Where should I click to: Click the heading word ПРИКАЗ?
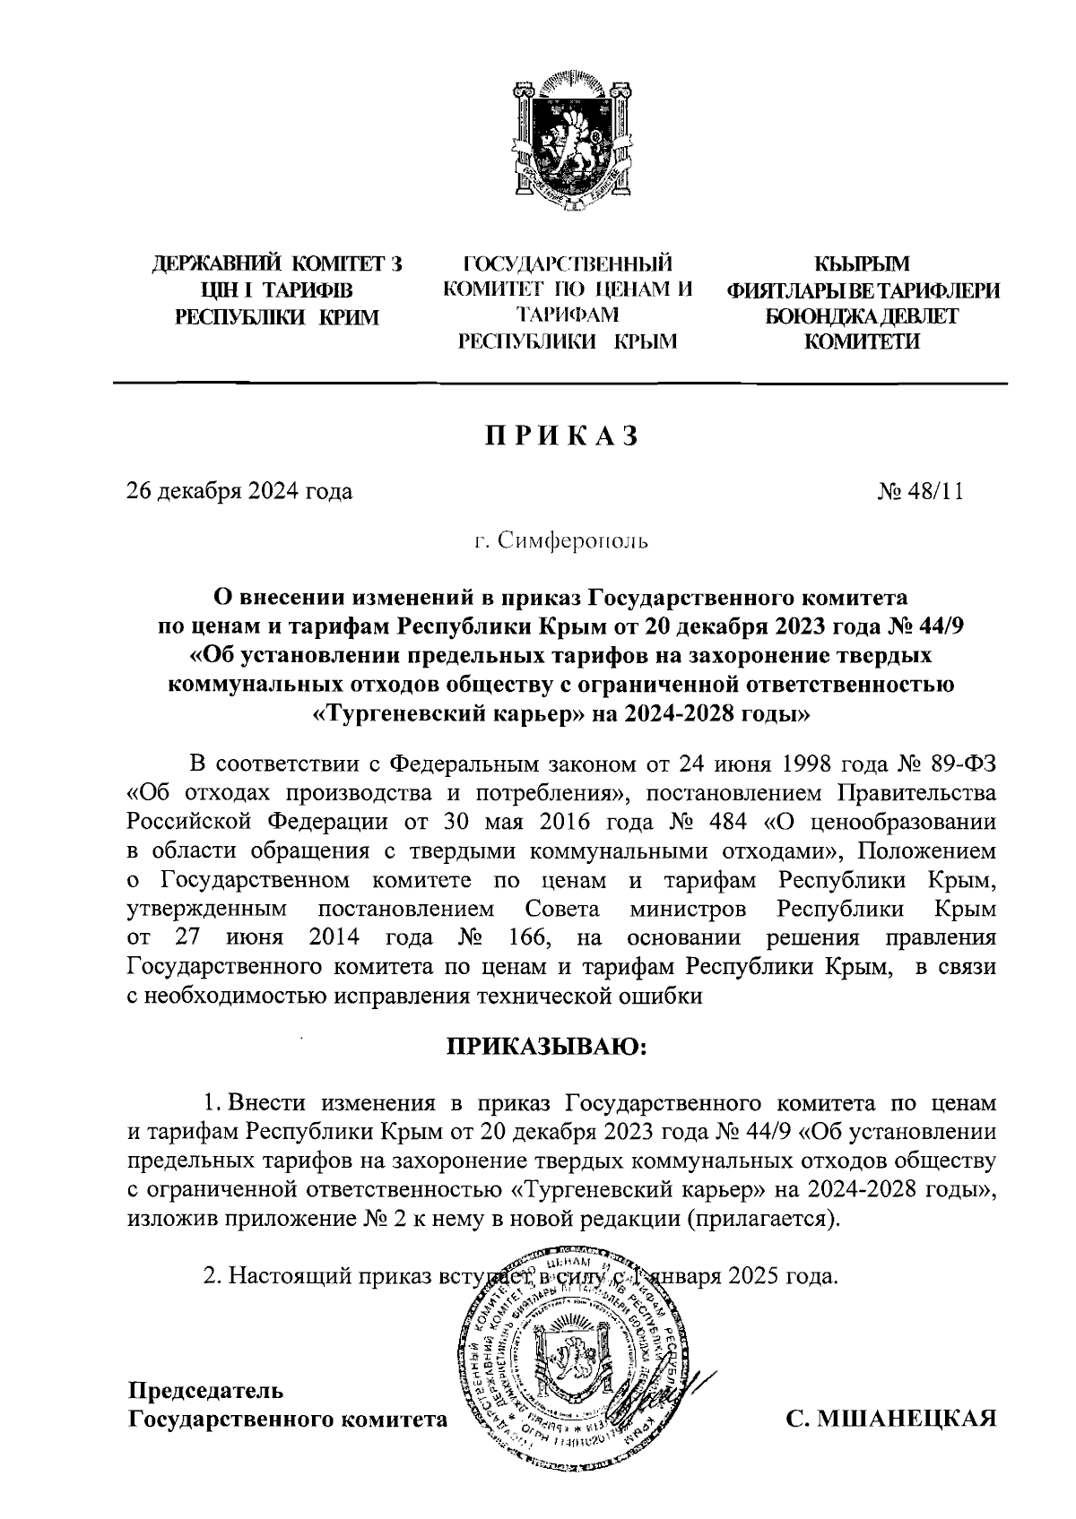pyautogui.click(x=562, y=436)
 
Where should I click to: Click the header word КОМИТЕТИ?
pyautogui.click(x=861, y=341)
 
